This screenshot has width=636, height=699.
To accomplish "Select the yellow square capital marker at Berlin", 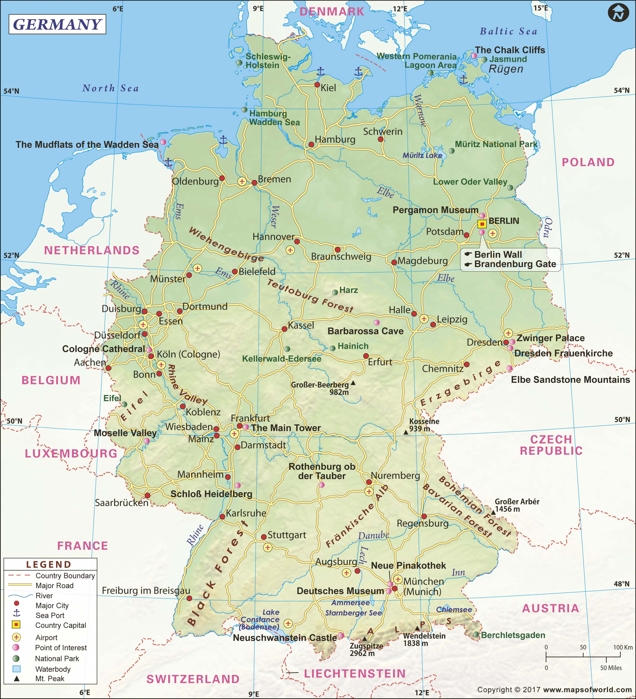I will click(482, 224).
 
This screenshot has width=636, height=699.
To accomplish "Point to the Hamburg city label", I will click(335, 139).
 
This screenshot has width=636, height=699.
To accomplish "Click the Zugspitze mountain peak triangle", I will click(364, 639).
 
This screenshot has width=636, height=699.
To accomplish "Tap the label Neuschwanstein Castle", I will click(284, 638).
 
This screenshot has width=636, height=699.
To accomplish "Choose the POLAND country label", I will click(588, 162).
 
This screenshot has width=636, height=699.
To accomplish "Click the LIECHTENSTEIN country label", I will click(355, 673).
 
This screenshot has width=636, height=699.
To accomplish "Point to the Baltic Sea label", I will click(508, 31).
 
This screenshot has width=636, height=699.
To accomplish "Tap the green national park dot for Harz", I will click(335, 293).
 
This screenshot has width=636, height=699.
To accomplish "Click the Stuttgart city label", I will click(287, 535).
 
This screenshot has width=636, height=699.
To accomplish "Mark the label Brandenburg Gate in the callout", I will click(515, 264).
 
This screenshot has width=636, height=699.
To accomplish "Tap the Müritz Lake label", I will click(422, 155).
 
